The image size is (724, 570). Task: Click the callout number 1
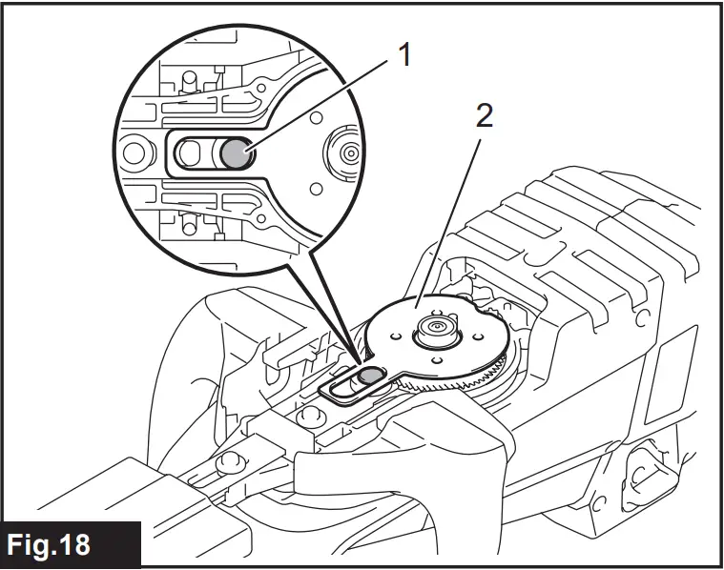click(404, 56)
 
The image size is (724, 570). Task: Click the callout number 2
click(485, 117)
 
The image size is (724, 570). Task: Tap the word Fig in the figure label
click(39, 545)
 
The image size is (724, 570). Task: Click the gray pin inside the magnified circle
click(235, 153)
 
